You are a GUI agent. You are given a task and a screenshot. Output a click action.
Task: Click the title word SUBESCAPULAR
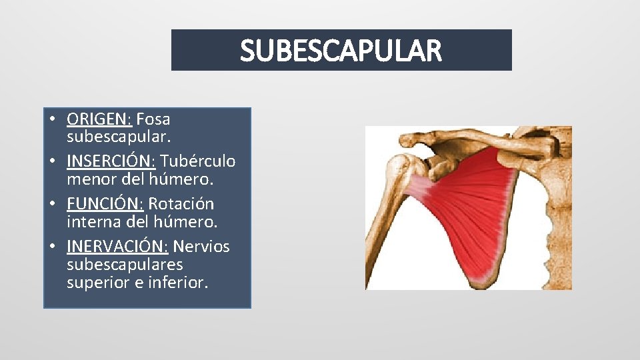pyautogui.click(x=341, y=51)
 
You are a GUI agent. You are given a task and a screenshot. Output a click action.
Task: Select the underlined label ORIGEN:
pyautogui.click(x=99, y=119)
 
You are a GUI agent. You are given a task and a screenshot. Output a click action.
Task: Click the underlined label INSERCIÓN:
pyautogui.click(x=109, y=161)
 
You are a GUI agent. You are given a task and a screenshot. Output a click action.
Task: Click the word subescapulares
pyautogui.click(x=125, y=265)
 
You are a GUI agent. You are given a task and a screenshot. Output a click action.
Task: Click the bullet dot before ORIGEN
pyautogui.click(x=52, y=120)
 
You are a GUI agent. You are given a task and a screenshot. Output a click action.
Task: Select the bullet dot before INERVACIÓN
pyautogui.click(x=52, y=247)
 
